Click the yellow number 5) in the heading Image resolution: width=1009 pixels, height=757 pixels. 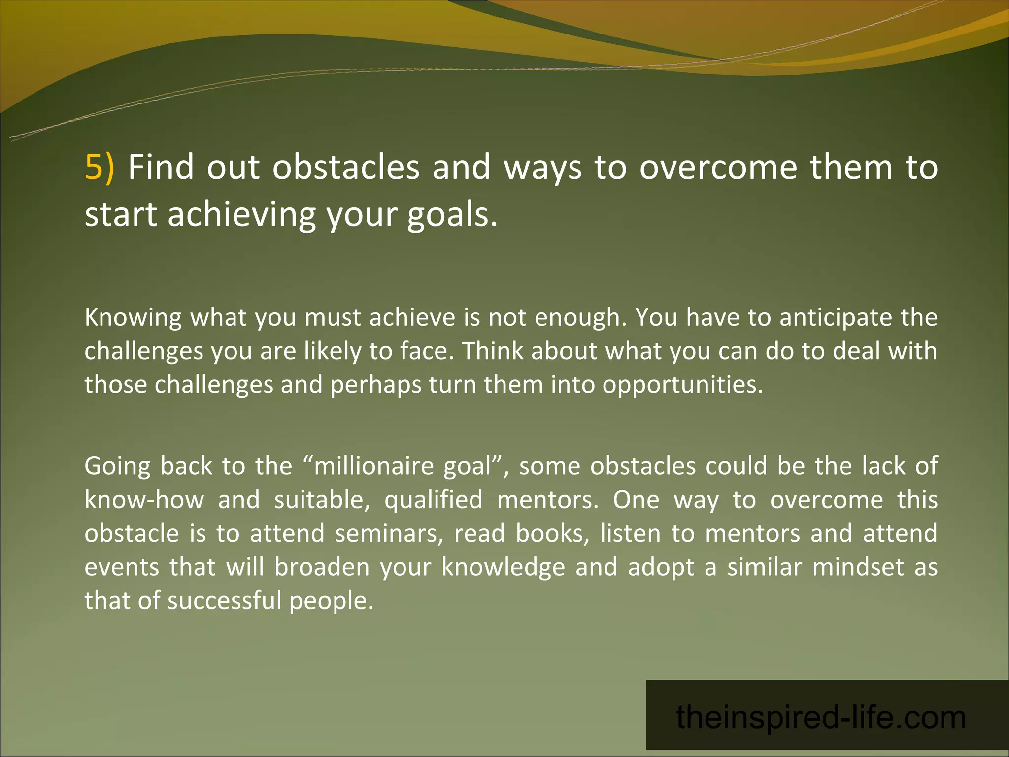tap(100, 168)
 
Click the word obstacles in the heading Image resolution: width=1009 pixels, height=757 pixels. tap(346, 168)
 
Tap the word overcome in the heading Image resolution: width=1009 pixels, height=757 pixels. tap(718, 168)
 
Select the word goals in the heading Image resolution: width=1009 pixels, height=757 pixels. tap(452, 215)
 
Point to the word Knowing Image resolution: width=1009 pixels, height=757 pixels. tap(133, 318)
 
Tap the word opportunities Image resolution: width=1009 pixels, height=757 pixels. tap(682, 385)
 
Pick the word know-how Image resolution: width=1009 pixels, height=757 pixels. tap(144, 500)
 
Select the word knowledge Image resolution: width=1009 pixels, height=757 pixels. tap(503, 568)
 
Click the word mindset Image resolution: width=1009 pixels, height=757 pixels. tap(858, 567)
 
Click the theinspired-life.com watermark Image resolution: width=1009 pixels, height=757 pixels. tap(821, 718)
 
